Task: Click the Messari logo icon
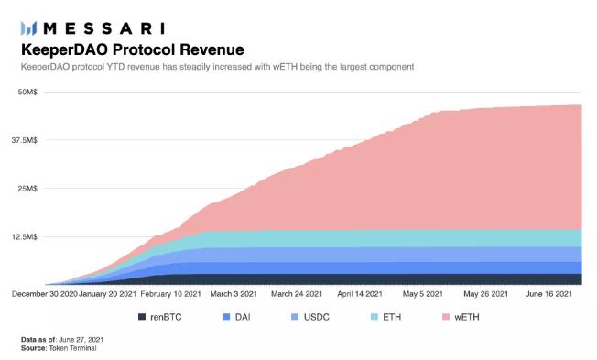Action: point(29,28)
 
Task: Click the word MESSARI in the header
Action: point(104,28)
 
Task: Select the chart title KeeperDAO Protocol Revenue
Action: point(133,49)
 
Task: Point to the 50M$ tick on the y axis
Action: point(27,92)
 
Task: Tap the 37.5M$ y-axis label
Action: point(25,140)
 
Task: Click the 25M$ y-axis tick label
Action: point(27,189)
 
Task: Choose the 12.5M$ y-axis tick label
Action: point(25,237)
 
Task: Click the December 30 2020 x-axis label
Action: point(45,294)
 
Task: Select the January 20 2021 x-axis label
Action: point(107,294)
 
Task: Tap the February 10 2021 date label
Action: point(170,294)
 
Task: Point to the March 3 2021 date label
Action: point(233,294)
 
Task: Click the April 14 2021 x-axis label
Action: point(360,294)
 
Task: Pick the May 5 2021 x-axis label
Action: point(423,294)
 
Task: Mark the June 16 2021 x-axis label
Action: point(548,294)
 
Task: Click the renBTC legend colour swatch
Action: point(142,317)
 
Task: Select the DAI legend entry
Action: point(237,317)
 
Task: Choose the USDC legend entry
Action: point(309,317)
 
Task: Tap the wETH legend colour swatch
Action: point(446,317)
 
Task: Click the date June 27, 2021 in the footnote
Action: point(81,340)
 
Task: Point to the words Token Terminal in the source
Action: point(72,348)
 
